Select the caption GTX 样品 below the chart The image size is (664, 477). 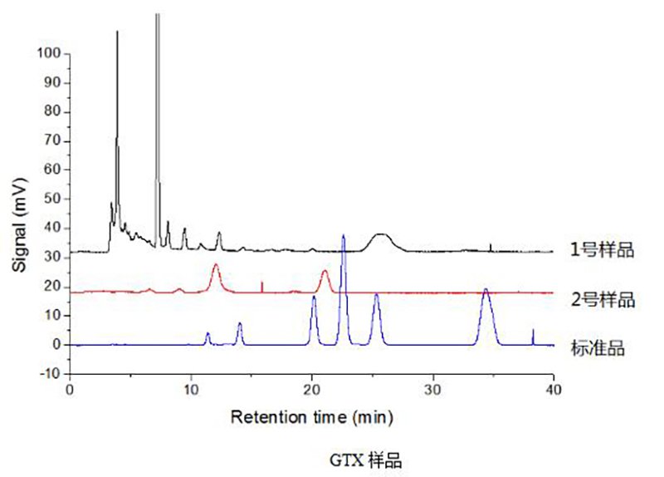(x=364, y=459)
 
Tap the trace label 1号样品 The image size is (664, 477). (x=602, y=249)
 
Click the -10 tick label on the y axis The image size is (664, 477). (x=50, y=374)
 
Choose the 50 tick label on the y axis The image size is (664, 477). (x=52, y=199)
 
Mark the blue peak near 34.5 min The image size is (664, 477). (x=486, y=291)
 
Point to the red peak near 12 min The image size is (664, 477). (x=216, y=266)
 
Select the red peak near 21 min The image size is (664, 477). (x=325, y=273)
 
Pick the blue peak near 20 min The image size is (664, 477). (x=313, y=298)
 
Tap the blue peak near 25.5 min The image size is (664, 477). (x=376, y=296)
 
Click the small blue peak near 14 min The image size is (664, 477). (x=239, y=324)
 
